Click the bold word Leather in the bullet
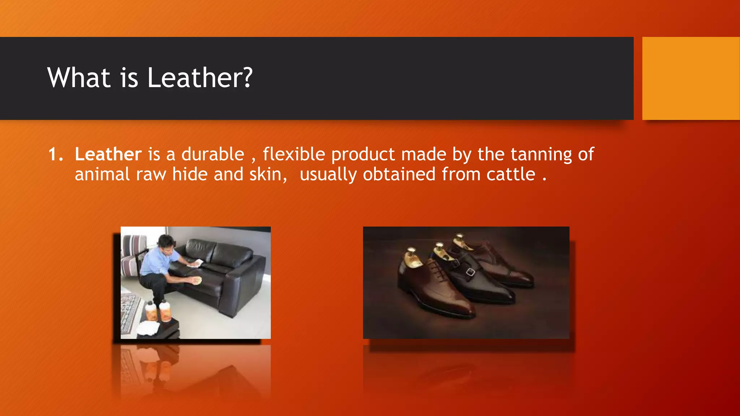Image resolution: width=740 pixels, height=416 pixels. point(108,154)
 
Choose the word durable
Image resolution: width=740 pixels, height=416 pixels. point(212,155)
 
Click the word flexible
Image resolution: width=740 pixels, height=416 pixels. point(294,155)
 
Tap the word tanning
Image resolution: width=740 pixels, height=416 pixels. point(541,155)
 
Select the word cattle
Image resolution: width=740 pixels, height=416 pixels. point(511,174)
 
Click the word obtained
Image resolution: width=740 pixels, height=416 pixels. point(399,174)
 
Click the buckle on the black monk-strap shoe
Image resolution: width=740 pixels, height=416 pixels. point(470,272)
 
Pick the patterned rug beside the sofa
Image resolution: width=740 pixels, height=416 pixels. point(129,312)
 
